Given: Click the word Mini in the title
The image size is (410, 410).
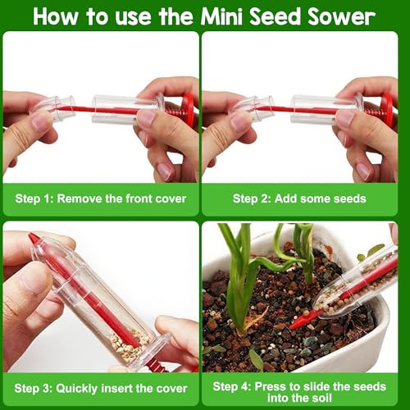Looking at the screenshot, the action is coord(222,17).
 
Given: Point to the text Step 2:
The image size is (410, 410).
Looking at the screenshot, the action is coord(252,198).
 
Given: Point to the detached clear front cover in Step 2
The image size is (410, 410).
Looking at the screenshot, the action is coord(253,108).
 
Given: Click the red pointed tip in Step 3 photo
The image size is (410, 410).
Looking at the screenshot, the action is coord(34,238).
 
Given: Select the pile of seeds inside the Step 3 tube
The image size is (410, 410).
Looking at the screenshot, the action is coord(129,345).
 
